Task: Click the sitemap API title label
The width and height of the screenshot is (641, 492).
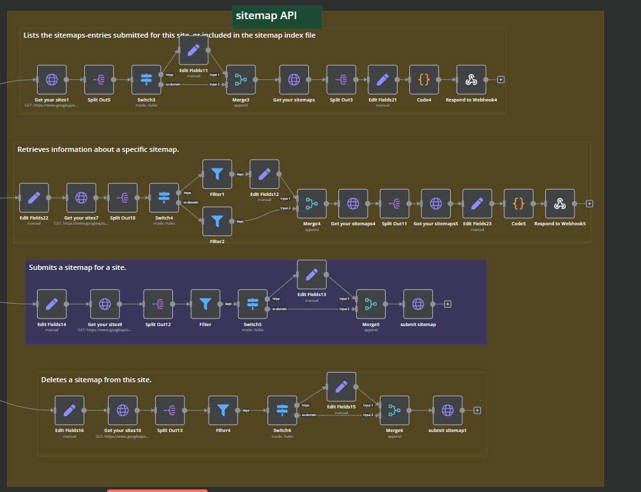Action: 276,16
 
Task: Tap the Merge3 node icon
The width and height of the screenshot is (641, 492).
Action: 241,80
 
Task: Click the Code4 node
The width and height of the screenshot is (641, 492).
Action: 424,80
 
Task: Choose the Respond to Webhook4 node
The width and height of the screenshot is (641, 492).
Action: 471,80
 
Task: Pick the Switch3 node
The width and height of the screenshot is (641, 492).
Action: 146,80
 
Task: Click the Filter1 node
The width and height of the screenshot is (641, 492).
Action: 217,174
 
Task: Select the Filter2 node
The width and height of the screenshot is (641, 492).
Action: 217,221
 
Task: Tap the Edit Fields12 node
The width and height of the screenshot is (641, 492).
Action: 264,174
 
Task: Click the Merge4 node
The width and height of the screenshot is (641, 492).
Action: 312,204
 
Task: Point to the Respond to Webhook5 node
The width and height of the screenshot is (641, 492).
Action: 560,204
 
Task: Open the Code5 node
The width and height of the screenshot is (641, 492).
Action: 518,204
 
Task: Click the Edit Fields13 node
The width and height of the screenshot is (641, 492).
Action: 312,274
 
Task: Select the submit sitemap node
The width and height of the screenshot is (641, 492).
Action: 418,304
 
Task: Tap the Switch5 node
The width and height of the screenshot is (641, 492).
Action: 253,304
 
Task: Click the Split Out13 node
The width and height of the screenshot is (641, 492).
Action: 170,410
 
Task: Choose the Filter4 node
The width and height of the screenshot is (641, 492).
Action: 223,410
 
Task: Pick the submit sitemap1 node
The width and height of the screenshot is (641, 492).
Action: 448,410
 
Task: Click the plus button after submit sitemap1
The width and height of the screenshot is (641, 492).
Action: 477,410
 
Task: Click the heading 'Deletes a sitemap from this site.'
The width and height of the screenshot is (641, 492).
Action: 96,380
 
